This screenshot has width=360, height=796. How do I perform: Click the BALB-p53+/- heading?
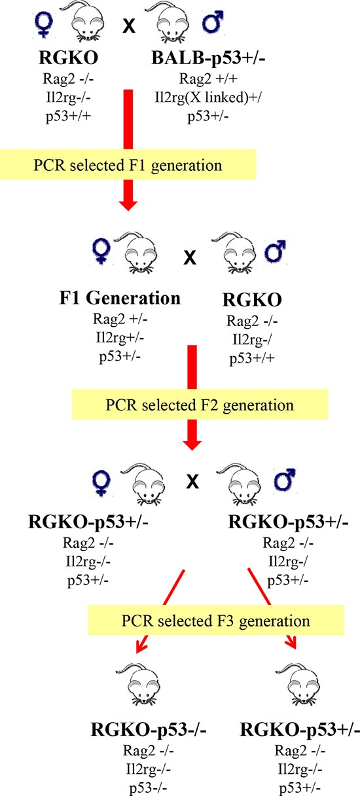208,58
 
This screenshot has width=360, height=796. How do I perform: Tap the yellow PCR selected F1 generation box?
128,164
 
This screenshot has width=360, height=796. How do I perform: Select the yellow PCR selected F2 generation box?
200,404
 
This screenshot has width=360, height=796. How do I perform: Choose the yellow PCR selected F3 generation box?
216,620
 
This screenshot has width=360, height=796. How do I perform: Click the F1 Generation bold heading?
120,298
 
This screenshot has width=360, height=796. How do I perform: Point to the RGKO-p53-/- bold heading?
149,729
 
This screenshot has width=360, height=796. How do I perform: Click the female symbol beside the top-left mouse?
43,24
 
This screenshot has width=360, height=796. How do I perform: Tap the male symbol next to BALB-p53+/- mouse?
213,22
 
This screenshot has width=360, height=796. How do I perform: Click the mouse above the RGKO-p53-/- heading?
138,683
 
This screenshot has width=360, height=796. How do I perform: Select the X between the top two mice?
129,26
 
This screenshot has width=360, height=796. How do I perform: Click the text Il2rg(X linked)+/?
208,97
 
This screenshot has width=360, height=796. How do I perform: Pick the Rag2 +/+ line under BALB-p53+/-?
208,79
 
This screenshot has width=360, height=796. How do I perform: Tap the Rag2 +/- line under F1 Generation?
120,319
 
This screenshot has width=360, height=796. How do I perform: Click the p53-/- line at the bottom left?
148,788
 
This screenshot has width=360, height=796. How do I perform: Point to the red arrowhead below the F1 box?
128,205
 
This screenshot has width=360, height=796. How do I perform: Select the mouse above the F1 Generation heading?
137,253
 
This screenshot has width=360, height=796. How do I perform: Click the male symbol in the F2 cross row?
276,251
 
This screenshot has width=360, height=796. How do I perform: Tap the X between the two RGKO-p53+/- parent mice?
192,482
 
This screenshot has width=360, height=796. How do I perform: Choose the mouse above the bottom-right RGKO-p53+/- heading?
298,683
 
